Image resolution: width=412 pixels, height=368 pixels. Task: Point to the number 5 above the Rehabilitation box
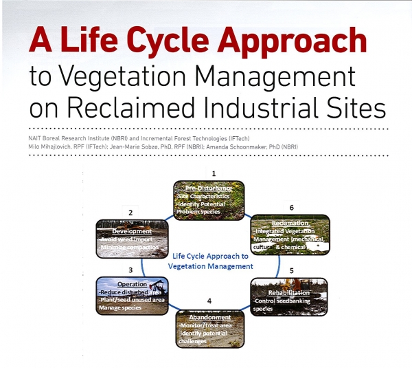[291, 270]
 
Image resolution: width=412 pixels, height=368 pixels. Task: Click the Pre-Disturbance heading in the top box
[207, 188]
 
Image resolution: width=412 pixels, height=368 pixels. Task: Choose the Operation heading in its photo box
[133, 283]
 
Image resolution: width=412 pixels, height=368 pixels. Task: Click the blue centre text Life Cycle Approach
[212, 255]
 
